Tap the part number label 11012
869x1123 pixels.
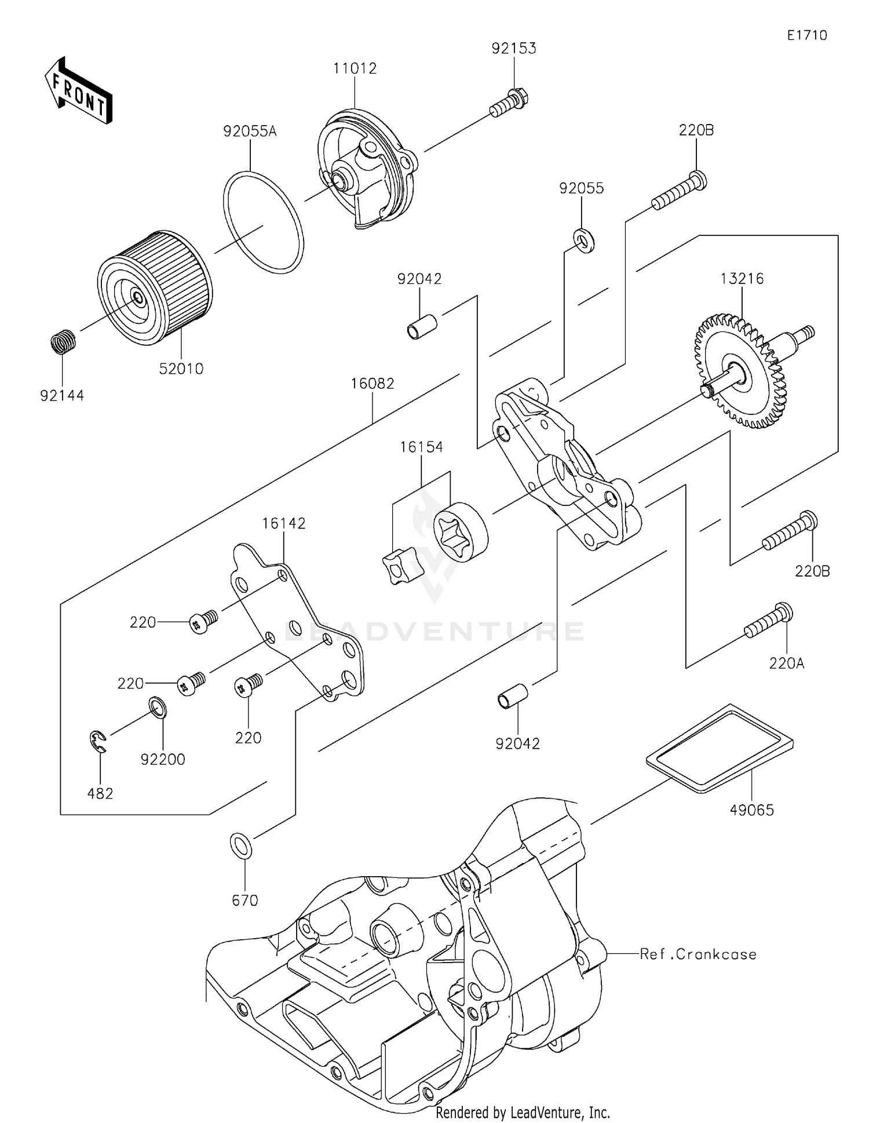pos(355,68)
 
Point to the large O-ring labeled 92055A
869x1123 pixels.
pos(263,221)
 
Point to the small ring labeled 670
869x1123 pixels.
pos(241,845)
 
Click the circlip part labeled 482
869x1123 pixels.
pos(99,743)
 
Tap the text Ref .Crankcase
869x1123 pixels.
pos(698,954)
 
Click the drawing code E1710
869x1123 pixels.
pos(806,35)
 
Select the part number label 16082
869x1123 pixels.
pos(372,384)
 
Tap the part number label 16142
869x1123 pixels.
pos(283,523)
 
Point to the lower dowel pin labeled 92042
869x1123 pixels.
pos(513,695)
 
